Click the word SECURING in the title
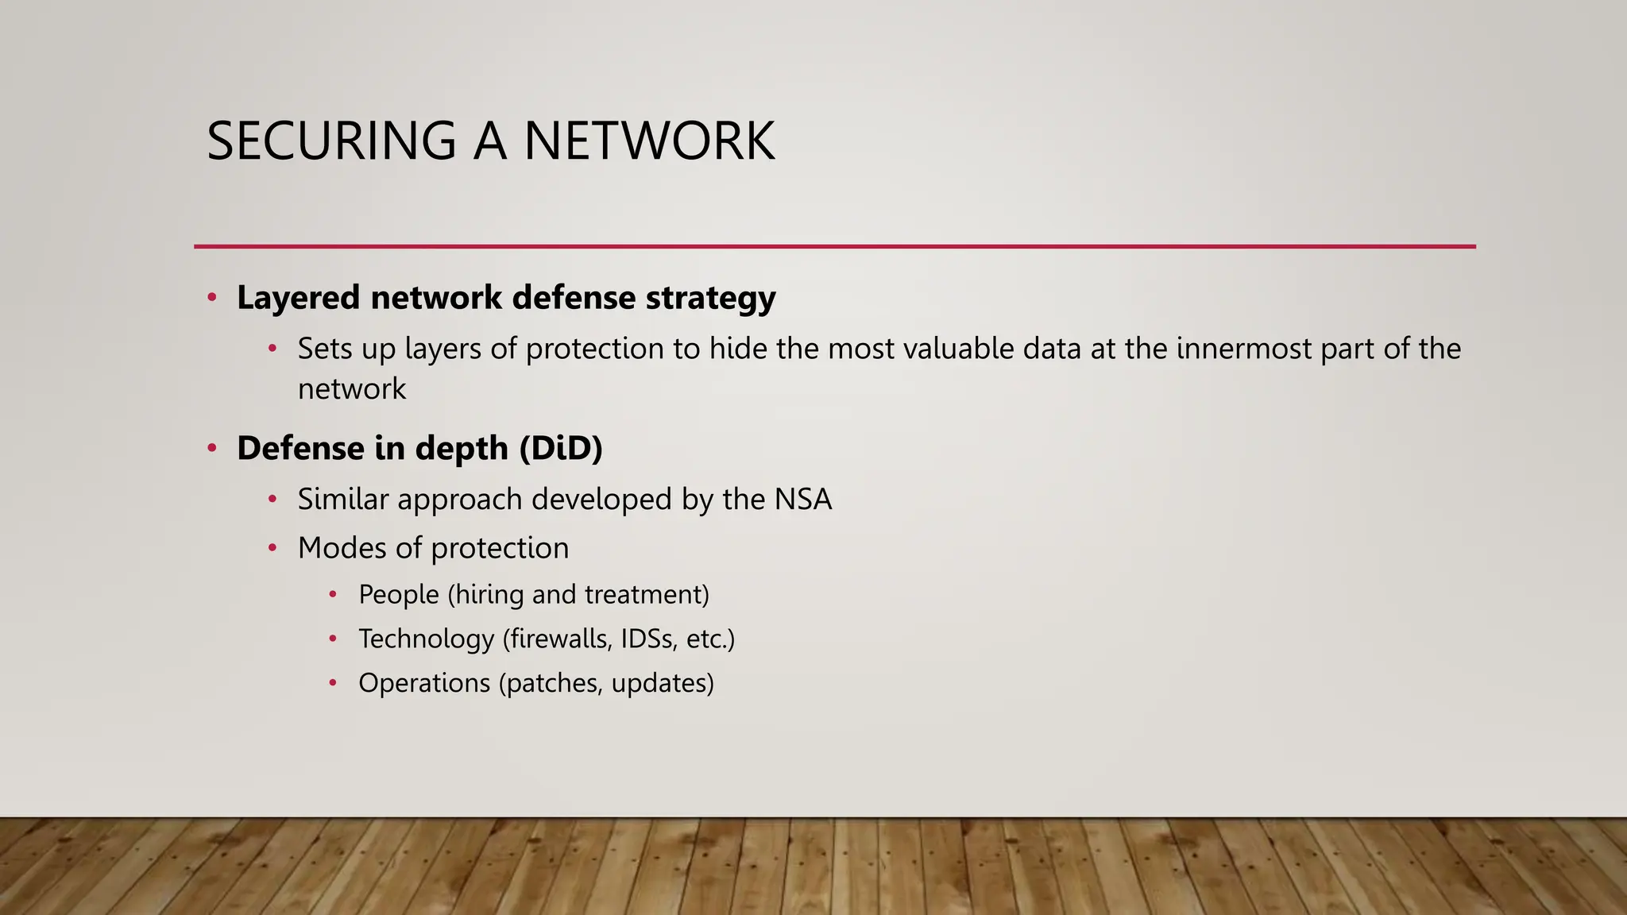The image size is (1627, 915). click(x=331, y=141)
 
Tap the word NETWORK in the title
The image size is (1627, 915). click(x=649, y=141)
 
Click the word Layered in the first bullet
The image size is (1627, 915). click(x=298, y=298)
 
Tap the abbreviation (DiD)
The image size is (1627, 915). click(x=561, y=448)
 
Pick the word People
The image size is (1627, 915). click(x=399, y=594)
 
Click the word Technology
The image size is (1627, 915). click(x=427, y=639)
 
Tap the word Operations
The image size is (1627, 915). click(x=424, y=683)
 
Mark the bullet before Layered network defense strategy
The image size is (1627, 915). click(x=212, y=298)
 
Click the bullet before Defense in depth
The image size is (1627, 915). click(x=212, y=448)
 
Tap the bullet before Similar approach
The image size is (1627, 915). click(x=272, y=500)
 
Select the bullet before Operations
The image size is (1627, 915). click(x=334, y=683)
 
